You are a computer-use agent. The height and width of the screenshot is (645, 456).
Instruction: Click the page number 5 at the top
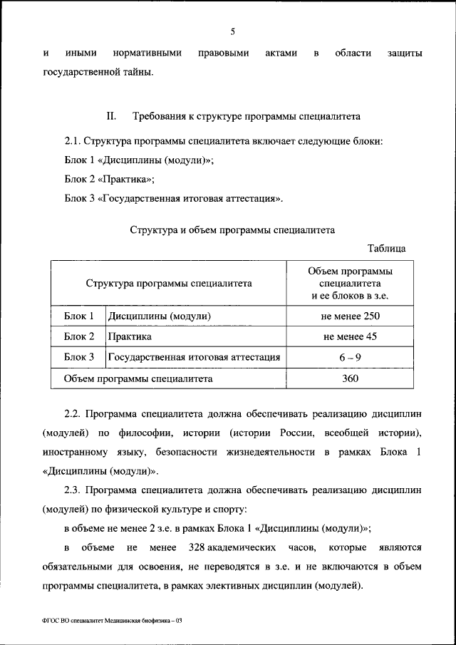[232, 31]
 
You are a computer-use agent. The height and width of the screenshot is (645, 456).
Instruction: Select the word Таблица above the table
[386, 249]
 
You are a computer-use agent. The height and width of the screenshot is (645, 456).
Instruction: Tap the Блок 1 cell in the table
[79, 316]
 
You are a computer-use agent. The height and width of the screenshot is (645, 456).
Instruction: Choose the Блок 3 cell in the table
[79, 357]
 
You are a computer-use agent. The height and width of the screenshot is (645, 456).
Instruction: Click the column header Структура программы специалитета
[169, 283]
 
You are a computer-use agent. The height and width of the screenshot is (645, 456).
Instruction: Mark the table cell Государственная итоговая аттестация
[194, 357]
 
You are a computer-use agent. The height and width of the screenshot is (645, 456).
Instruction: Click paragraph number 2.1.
[72, 141]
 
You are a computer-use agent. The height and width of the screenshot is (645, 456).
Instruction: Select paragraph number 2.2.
[72, 413]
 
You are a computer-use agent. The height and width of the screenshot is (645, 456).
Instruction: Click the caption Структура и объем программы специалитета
[232, 230]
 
